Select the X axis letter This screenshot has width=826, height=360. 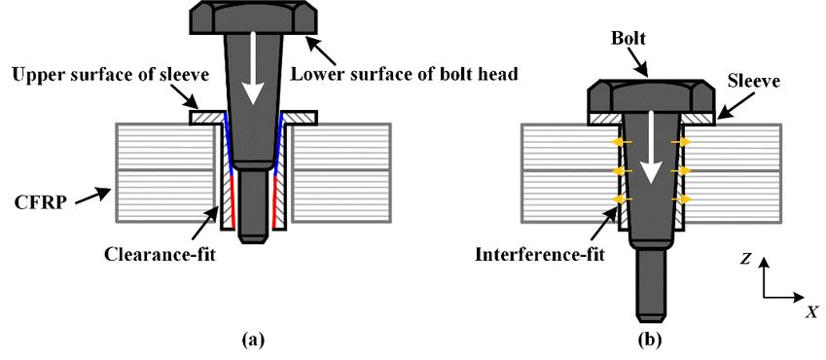pos(811,312)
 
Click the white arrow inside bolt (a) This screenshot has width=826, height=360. pos(253,67)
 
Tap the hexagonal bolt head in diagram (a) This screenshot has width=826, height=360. pos(253,18)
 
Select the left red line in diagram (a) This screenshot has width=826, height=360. pos(231,202)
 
